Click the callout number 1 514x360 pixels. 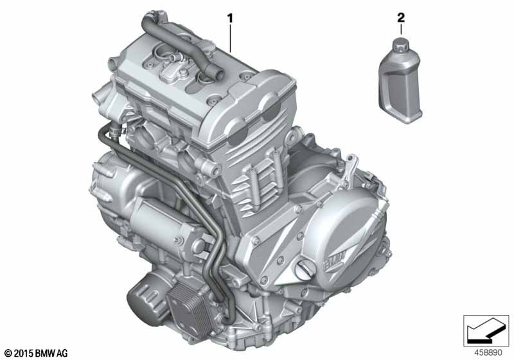pyautogui.click(x=230, y=19)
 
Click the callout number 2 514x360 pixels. pyautogui.click(x=401, y=18)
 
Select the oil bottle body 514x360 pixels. pyautogui.click(x=400, y=86)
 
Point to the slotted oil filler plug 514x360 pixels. pyautogui.click(x=305, y=271)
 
